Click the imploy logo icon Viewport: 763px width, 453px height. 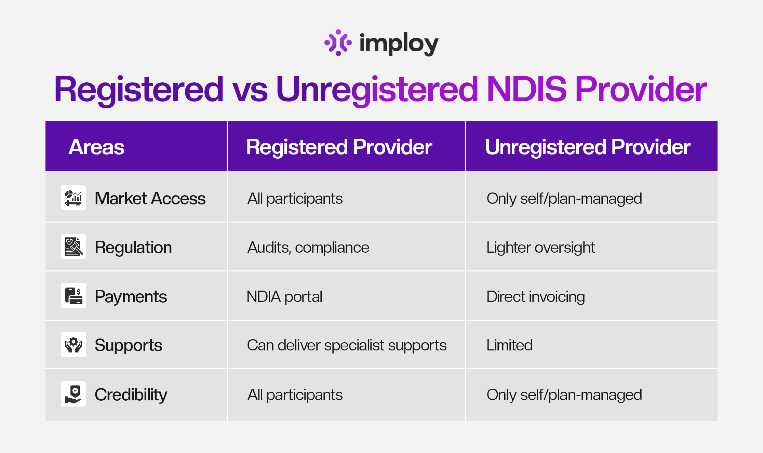coord(338,43)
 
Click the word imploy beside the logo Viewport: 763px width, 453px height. coord(399,44)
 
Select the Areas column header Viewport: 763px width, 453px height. coord(96,147)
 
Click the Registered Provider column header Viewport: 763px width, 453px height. coord(339,147)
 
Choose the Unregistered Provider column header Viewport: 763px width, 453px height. coord(588,147)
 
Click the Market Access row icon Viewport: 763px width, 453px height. coord(73,198)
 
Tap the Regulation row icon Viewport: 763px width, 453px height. coord(73,247)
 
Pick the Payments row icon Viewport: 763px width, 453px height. coord(73,296)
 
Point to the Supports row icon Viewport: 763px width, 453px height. coord(73,344)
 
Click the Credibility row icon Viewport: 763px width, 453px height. coord(73,394)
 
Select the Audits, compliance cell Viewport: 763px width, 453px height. coord(308,247)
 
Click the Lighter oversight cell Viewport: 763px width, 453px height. coord(540,247)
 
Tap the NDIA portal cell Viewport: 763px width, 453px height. coord(284,296)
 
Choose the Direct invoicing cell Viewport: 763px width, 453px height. coord(535,296)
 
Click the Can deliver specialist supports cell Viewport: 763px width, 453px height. coord(347,345)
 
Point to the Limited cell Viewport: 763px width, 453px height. coord(509,345)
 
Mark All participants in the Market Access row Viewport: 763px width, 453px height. coord(295,199)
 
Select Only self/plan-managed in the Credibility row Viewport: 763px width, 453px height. coord(564,395)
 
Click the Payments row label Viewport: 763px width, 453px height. coord(131,296)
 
